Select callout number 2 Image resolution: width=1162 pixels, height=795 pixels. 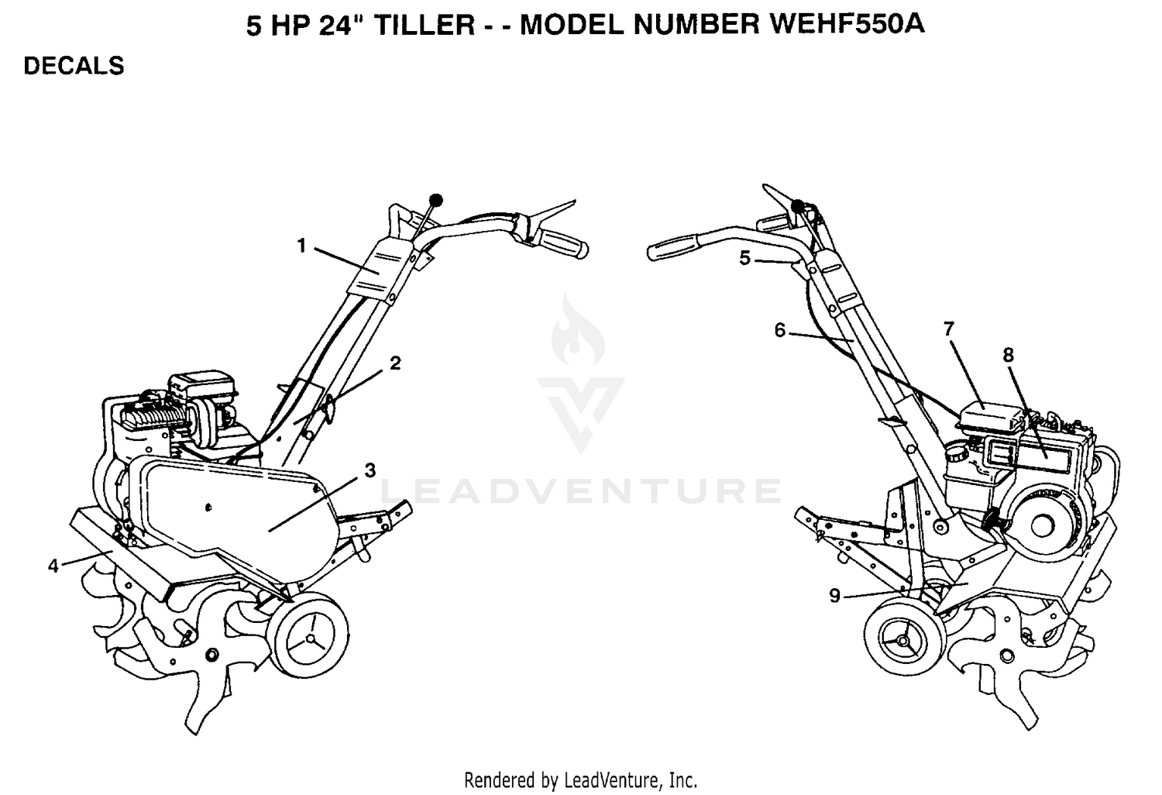(395, 363)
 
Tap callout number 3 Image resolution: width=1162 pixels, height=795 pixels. (370, 470)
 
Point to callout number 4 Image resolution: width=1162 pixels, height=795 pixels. (53, 566)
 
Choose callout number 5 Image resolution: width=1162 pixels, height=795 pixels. (745, 258)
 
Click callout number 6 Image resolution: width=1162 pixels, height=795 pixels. (780, 330)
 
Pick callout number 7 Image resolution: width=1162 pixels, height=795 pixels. (949, 329)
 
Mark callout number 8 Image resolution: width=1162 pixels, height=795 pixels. (1008, 356)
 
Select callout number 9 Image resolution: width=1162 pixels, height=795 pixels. (834, 596)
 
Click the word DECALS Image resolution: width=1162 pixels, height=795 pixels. (74, 66)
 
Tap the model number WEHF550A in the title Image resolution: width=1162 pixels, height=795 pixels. (846, 24)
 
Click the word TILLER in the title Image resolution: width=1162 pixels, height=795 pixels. (424, 24)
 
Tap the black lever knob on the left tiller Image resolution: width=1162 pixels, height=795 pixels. (436, 200)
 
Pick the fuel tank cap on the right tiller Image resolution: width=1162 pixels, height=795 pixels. (957, 453)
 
